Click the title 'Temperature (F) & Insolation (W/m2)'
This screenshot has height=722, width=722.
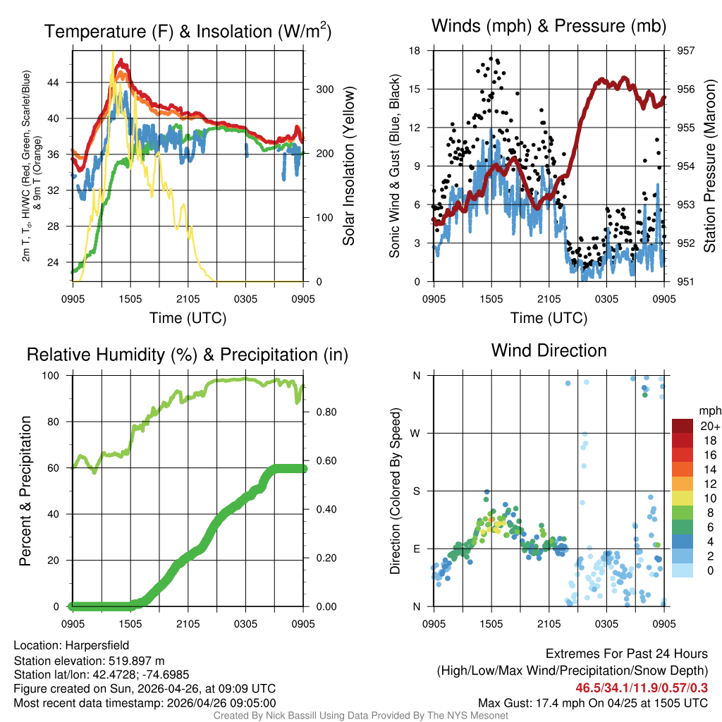tap(188, 31)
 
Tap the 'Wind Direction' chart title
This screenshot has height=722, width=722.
tap(549, 350)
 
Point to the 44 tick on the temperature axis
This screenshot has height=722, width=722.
tap(61, 82)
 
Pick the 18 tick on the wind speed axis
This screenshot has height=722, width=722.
tap(415, 51)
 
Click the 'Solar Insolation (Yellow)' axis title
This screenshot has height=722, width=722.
tap(348, 166)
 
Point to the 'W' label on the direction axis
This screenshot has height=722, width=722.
tap(416, 433)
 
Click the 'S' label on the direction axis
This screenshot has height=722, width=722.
tap(416, 491)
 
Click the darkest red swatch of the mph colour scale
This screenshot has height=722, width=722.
tap(683, 425)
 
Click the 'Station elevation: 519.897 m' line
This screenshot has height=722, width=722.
tap(89, 661)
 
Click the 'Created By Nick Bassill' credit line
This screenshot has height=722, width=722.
tap(361, 716)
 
